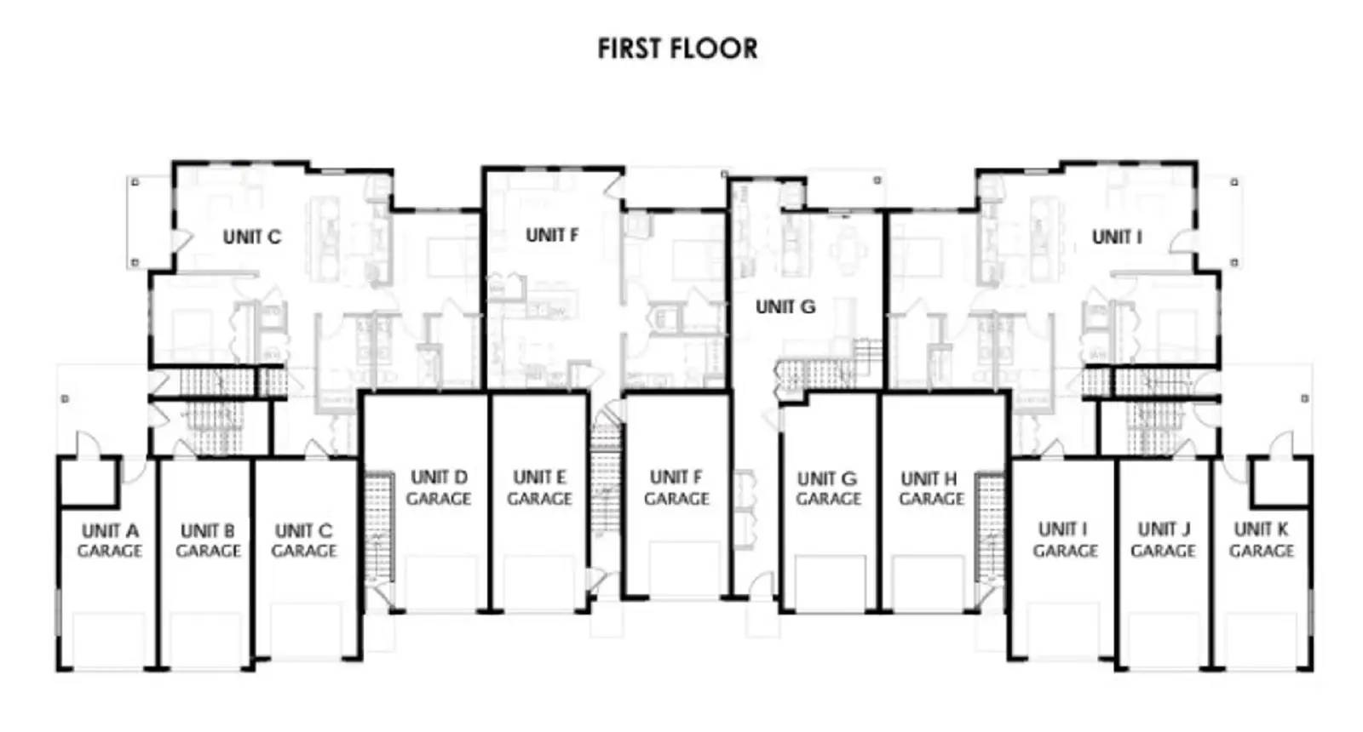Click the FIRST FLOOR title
[677, 49]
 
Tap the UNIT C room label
[252, 237]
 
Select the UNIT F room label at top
[552, 234]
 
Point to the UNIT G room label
[785, 306]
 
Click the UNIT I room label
[1117, 237]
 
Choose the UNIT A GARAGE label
[110, 540]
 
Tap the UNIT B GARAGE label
[208, 540]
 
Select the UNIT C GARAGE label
[304, 540]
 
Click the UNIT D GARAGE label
[439, 487]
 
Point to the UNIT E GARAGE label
[539, 487]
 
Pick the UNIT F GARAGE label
[676, 487]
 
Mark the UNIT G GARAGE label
[828, 489]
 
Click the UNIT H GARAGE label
[930, 489]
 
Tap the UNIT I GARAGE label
[1065, 540]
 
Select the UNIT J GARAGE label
[1163, 540]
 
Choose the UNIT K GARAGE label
[1262, 540]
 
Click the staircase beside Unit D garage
[378, 528]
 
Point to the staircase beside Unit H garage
[991, 528]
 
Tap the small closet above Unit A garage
[88, 481]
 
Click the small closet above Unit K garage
[1280, 481]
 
